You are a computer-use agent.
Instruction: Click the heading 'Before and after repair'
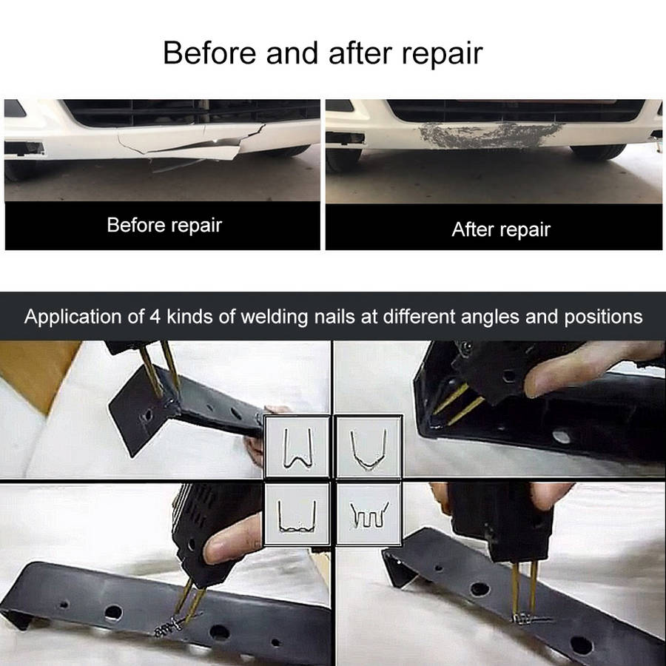pyautogui.click(x=323, y=53)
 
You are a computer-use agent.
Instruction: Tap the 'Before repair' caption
pyautogui.click(x=164, y=225)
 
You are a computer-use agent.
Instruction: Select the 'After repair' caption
pyautogui.click(x=501, y=229)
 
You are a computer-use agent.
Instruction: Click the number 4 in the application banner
pyautogui.click(x=155, y=317)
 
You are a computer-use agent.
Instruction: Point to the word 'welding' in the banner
pyautogui.click(x=275, y=317)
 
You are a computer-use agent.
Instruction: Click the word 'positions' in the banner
pyautogui.click(x=603, y=317)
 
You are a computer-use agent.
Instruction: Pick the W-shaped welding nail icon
pyautogui.click(x=297, y=448)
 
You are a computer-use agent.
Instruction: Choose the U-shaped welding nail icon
pyautogui.click(x=369, y=449)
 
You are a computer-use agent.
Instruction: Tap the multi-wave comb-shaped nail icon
pyautogui.click(x=369, y=515)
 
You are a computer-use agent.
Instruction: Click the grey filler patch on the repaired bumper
pyautogui.click(x=488, y=135)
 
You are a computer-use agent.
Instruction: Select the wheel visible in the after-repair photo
pyautogui.click(x=598, y=152)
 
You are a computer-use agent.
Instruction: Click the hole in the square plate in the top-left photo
pyautogui.click(x=147, y=415)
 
